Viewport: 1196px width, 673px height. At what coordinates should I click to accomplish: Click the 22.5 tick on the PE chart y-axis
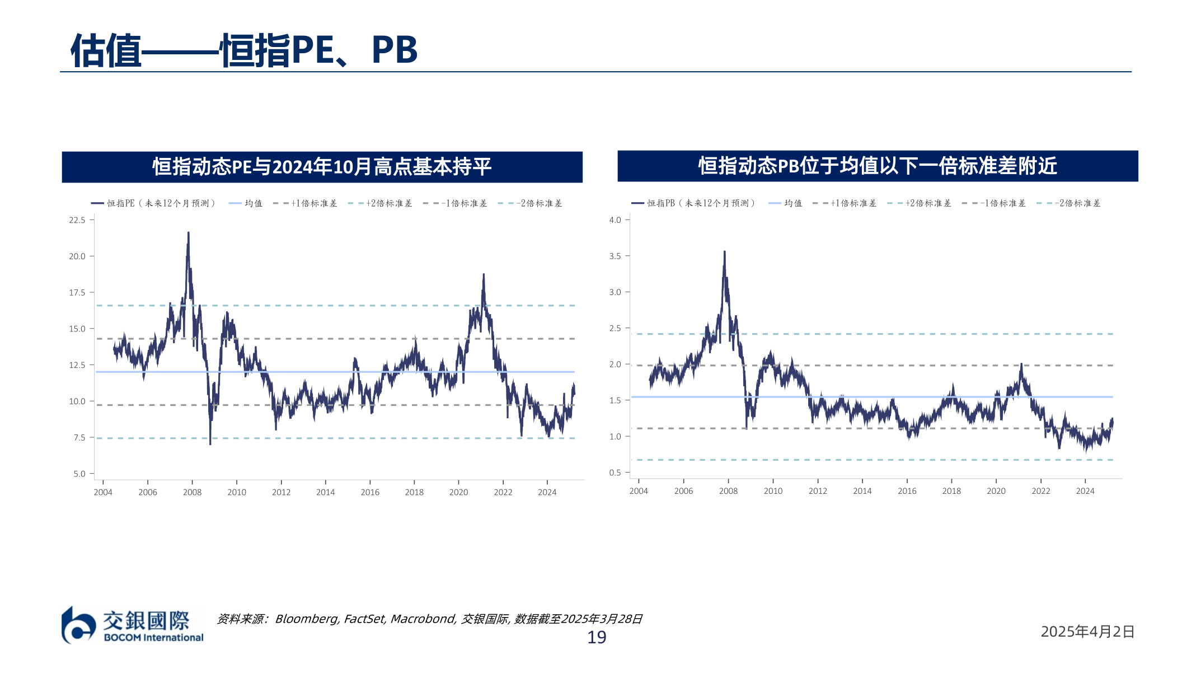(x=77, y=220)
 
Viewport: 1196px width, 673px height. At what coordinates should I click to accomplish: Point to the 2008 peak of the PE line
(x=188, y=233)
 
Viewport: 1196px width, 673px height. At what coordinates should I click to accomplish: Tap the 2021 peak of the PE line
(x=484, y=274)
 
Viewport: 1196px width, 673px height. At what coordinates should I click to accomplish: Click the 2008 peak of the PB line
(x=724, y=252)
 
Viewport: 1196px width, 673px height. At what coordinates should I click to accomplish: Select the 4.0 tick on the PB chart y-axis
(x=615, y=220)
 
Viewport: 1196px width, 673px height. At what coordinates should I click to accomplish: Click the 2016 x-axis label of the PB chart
(x=907, y=491)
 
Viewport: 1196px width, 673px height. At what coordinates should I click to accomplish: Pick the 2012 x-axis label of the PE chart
(x=281, y=492)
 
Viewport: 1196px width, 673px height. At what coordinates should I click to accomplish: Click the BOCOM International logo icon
(x=78, y=625)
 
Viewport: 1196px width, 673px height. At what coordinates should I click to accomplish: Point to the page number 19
(x=597, y=637)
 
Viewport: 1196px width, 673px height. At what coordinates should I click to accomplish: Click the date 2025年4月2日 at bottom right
(x=1087, y=632)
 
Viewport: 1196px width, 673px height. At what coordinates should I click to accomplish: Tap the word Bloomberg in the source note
(x=306, y=619)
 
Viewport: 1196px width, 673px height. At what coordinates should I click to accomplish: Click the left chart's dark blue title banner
(x=322, y=167)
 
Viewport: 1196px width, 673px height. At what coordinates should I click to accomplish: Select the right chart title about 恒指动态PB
(x=877, y=166)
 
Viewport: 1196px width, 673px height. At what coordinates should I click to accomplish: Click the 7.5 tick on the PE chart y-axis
(x=79, y=437)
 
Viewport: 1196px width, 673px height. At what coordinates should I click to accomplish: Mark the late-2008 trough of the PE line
(x=210, y=443)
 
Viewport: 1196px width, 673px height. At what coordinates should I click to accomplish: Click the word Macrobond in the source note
(x=423, y=619)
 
